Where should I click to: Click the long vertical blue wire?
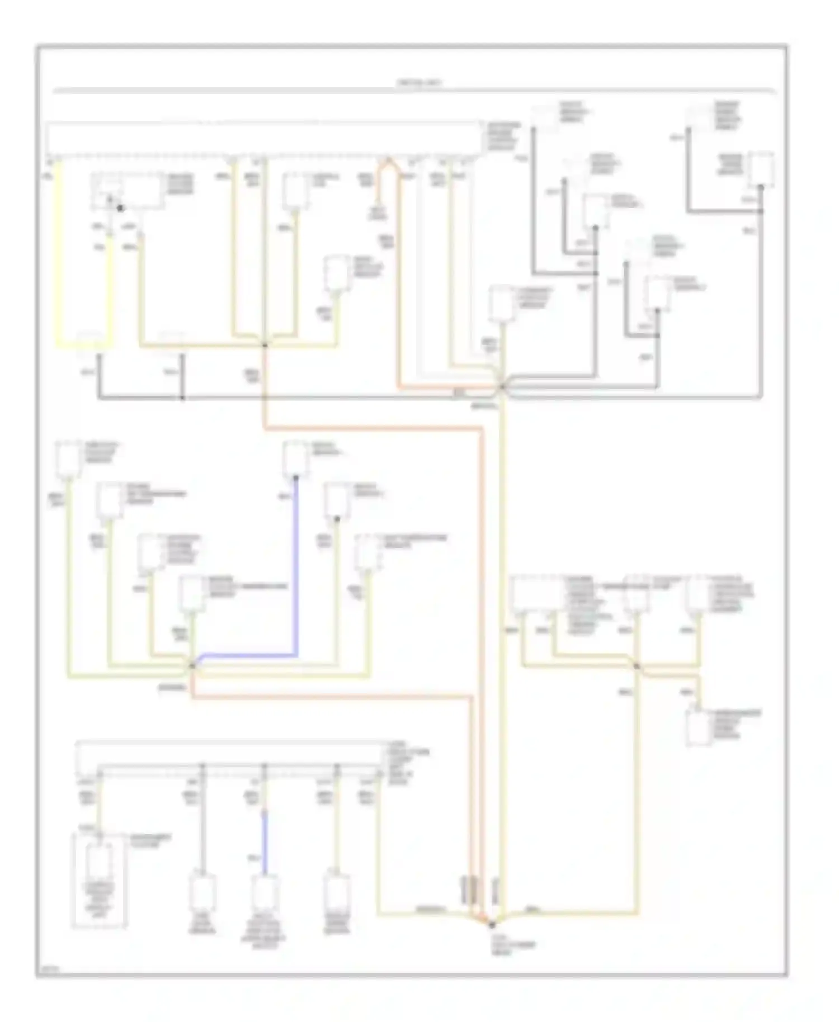[x=296, y=565]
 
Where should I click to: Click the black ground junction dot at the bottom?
[x=493, y=925]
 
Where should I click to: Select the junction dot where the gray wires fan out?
[x=502, y=386]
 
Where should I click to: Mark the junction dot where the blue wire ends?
[x=192, y=665]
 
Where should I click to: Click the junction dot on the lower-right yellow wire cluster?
[x=637, y=665]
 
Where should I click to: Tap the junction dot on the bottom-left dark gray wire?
[x=182, y=398]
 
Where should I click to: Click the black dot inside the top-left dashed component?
[x=120, y=209]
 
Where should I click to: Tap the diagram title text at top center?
[x=419, y=83]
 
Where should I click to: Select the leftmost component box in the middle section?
[x=68, y=460]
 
